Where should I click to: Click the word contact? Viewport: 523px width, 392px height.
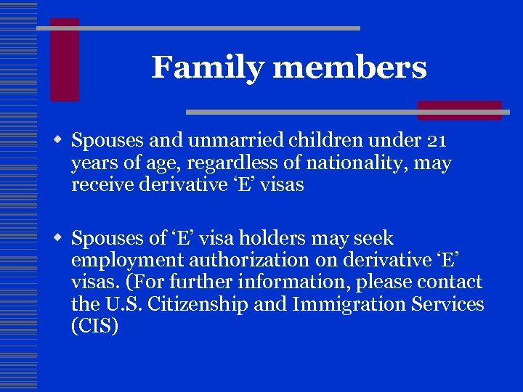pos(450,282)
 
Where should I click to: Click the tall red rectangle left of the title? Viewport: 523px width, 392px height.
pos(64,60)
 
